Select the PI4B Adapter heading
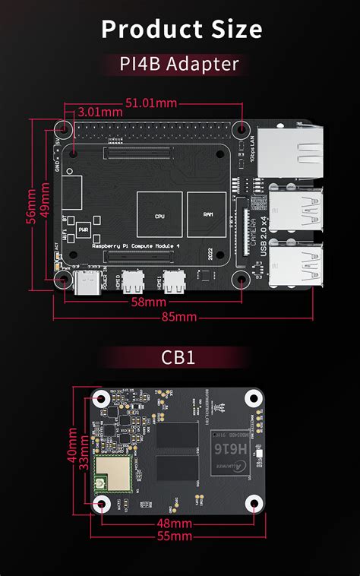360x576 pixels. [180, 65]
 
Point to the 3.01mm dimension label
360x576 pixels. [99, 112]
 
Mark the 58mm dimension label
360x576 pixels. [148, 302]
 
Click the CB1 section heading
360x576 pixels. [180, 356]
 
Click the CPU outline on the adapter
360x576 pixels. [159, 215]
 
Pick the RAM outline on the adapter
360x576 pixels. [207, 215]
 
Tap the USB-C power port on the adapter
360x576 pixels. [86, 284]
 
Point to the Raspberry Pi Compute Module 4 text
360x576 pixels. [134, 247]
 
